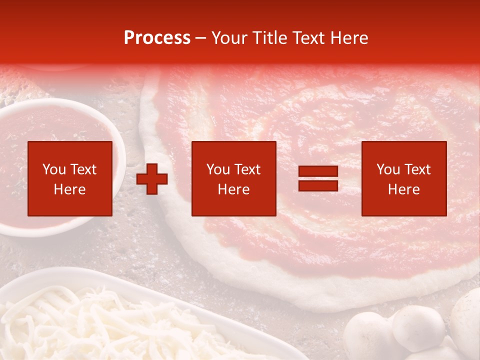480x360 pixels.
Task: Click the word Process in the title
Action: (157, 37)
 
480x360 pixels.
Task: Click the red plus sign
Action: (152, 178)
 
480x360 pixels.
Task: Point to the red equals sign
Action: (318, 178)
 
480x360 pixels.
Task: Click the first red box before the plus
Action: (70, 178)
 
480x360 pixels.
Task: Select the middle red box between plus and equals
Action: (233, 178)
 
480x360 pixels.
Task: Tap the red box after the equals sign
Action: (403, 178)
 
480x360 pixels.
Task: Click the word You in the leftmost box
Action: (54, 169)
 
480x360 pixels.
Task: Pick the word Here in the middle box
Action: (233, 189)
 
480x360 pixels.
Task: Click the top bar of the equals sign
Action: (318, 172)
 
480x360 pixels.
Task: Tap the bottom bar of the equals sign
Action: (318, 185)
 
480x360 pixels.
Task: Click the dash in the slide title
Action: (200, 38)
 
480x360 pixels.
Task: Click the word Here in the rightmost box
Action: (403, 189)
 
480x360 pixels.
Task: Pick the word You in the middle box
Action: (218, 169)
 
